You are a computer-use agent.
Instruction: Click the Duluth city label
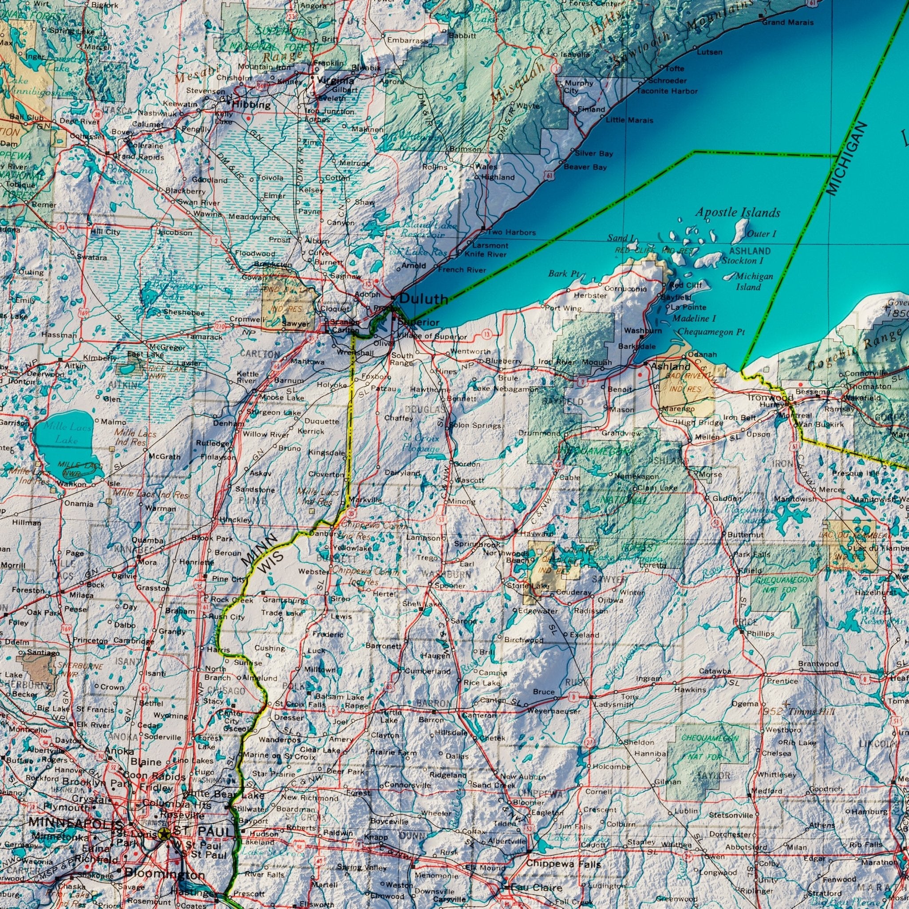tap(423, 298)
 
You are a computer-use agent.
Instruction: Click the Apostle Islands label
tap(737, 213)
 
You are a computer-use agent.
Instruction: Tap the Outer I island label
tap(761, 234)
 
